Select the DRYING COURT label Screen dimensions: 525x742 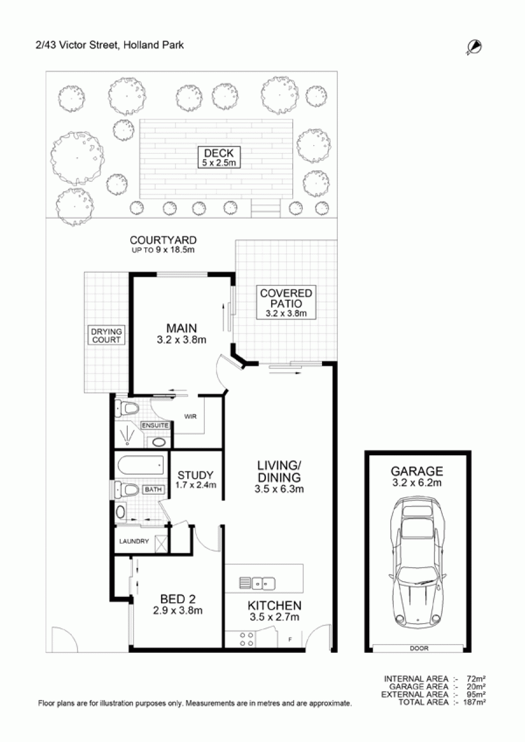(x=106, y=335)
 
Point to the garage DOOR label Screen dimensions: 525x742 (x=419, y=648)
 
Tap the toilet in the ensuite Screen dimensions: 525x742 (x=127, y=409)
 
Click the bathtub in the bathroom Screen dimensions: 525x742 (x=140, y=466)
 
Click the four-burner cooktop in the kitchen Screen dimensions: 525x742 (x=247, y=639)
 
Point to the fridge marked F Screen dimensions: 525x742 (x=290, y=639)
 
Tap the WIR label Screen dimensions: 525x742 (x=190, y=416)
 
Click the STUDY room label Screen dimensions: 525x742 (x=195, y=475)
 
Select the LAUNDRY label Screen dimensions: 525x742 (x=134, y=541)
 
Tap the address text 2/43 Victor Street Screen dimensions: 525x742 (x=78, y=45)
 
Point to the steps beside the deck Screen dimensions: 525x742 (x=266, y=208)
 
